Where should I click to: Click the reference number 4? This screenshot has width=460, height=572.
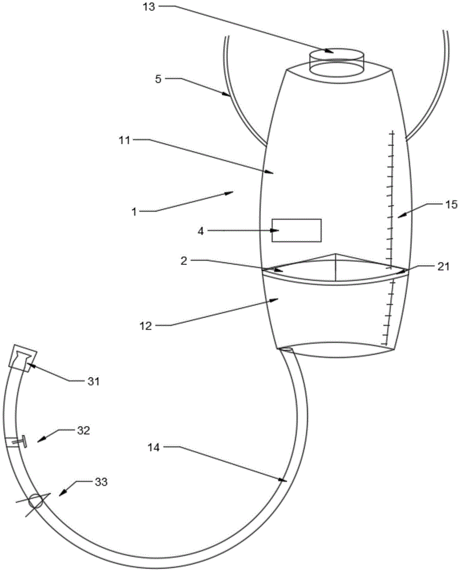point(200,231)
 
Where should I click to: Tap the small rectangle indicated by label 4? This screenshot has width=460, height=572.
point(296,230)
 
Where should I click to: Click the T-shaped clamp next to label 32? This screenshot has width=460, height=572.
point(23,441)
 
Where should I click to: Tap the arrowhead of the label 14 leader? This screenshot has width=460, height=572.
point(284,481)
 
